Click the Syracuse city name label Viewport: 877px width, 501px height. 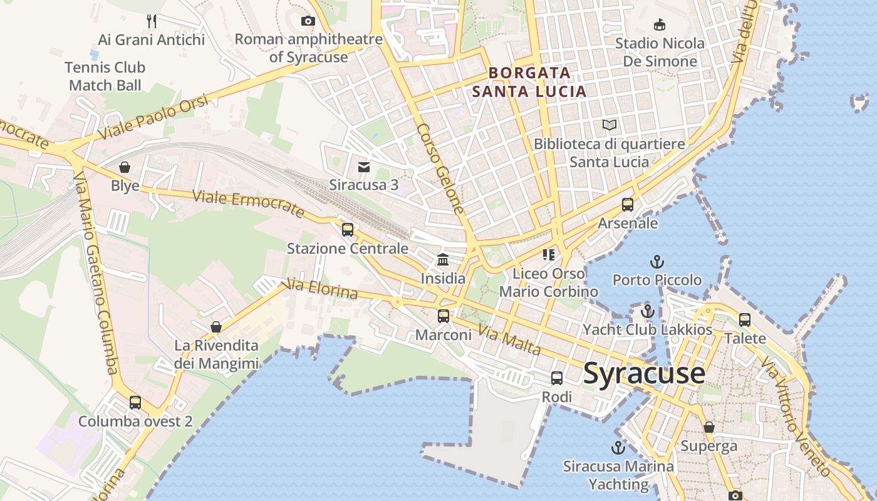tap(644, 374)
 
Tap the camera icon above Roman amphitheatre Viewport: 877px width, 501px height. tap(308, 21)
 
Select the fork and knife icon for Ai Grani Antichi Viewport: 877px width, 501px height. tap(152, 21)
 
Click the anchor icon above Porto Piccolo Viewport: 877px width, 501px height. tap(656, 262)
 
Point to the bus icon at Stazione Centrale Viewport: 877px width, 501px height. tap(348, 230)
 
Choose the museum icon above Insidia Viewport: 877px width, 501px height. tap(443, 259)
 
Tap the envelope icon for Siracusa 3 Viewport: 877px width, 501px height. tap(364, 167)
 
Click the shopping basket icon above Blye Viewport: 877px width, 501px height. tap(125, 167)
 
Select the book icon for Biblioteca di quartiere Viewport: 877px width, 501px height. tap(609, 125)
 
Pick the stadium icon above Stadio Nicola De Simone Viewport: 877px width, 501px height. tap(659, 25)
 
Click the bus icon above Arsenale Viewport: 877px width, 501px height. tap(628, 205)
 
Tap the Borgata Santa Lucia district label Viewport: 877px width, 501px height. tap(529, 82)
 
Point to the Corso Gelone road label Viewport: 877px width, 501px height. tap(441, 168)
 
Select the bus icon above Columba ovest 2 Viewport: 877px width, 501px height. tap(135, 403)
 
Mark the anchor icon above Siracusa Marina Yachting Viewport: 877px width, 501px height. tap(618, 448)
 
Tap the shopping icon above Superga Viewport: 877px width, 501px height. tap(709, 427)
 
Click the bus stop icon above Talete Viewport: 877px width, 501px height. tap(745, 320)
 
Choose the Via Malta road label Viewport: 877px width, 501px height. tap(509, 340)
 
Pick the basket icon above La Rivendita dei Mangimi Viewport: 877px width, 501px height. tap(216, 327)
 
